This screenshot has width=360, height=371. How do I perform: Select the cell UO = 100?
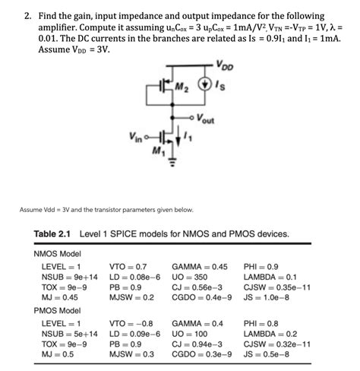191,334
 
